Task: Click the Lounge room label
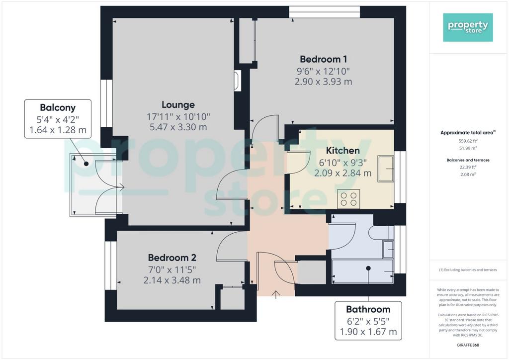[x=178, y=105]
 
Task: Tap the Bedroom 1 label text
[x=323, y=59]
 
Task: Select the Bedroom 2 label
[x=172, y=258]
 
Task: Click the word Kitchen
[x=343, y=151]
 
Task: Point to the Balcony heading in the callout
[x=58, y=107]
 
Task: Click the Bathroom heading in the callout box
[x=368, y=309]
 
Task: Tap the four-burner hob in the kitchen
[x=348, y=199]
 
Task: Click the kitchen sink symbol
[x=386, y=169]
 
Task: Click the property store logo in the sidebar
[x=468, y=27]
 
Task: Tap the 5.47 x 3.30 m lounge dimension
[x=178, y=127]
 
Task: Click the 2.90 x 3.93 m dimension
[x=323, y=82]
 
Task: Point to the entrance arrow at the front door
[x=276, y=294]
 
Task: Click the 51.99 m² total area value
[x=468, y=148]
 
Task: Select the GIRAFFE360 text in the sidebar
[x=468, y=345]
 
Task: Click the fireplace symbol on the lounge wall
[x=237, y=81]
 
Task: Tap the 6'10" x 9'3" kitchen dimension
[x=343, y=162]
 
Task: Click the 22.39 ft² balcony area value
[x=468, y=167]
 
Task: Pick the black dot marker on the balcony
[x=86, y=164]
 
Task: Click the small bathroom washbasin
[x=388, y=249]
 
